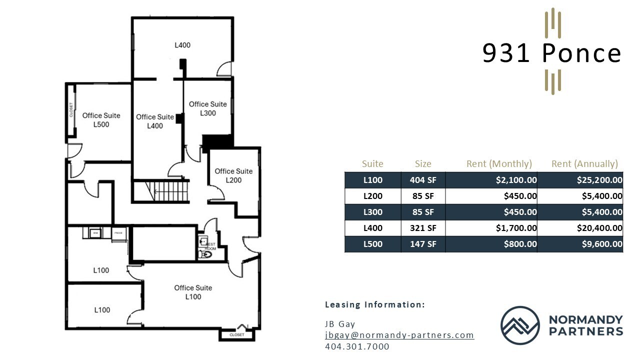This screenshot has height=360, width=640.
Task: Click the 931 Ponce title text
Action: click(551, 53)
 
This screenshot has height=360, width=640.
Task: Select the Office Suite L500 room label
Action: click(101, 120)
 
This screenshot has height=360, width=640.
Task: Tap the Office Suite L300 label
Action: click(207, 108)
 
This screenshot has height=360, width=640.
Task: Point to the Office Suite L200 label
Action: click(233, 175)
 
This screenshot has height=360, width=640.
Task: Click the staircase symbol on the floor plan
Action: click(170, 190)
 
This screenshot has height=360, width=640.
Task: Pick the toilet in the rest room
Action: click(204, 254)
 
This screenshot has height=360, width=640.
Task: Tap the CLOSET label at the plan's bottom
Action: click(236, 334)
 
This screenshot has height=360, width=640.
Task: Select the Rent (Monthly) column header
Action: click(498, 163)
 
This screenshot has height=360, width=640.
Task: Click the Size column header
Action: click(422, 163)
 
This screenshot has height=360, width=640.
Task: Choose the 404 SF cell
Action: click(423, 180)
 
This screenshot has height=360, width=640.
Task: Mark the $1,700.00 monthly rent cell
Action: click(516, 228)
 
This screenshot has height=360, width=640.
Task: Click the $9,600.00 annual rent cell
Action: click(602, 244)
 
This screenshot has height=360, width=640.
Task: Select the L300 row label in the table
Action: click(372, 212)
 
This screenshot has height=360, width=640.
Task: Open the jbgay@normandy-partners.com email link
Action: click(399, 335)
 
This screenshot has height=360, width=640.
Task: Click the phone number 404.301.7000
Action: click(356, 346)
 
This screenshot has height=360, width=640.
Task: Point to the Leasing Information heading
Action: click(374, 304)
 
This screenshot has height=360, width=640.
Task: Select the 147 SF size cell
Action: click(423, 244)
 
